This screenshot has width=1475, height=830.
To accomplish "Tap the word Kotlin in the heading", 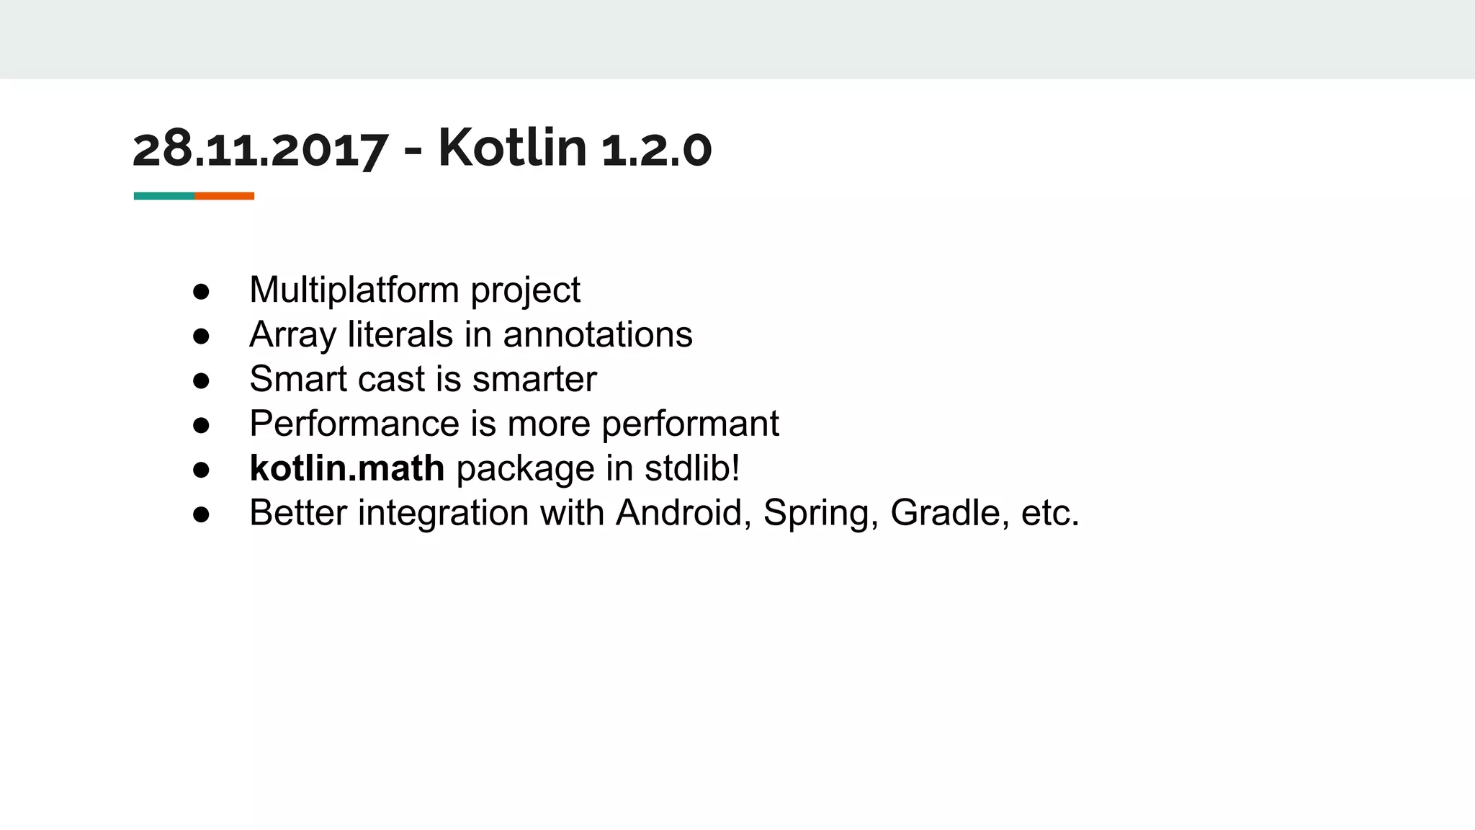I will tap(512, 148).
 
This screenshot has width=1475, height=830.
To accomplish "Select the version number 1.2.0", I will tap(656, 150).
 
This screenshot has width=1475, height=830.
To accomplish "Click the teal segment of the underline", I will tap(163, 196).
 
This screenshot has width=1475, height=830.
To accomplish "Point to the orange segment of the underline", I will tap(224, 196).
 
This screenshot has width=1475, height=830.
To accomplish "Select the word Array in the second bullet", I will tap(292, 336).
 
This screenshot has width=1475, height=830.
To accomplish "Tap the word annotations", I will tap(597, 335).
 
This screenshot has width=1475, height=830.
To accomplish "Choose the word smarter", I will tap(534, 380).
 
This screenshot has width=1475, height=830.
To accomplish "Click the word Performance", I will tap(354, 424).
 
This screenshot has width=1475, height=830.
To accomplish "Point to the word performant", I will tap(690, 425).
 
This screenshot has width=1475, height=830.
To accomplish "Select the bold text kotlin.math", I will tap(346, 468).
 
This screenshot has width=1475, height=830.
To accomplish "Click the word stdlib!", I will tap(692, 468).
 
